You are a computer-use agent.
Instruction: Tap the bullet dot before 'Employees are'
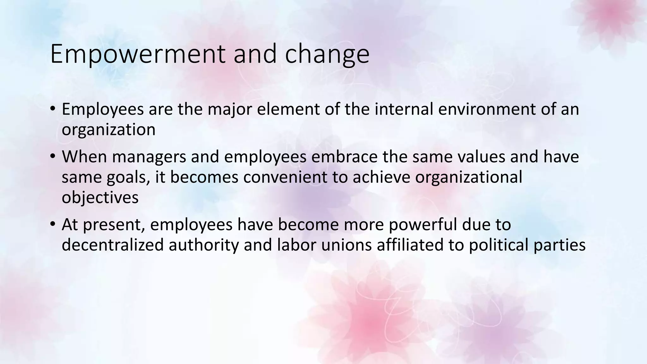click(x=52, y=109)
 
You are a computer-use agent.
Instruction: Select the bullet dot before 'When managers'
click(x=52, y=157)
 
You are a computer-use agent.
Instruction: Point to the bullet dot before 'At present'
click(x=52, y=225)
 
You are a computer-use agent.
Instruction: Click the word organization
click(x=109, y=130)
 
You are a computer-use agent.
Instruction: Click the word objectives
click(x=100, y=197)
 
